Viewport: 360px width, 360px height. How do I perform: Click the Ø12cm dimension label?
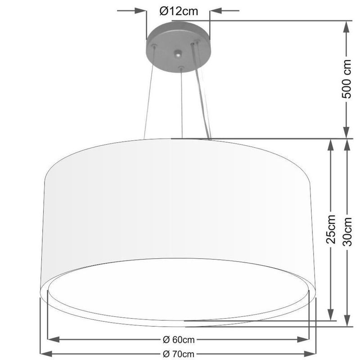[179, 11]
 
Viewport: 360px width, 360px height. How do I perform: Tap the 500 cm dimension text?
[347, 81]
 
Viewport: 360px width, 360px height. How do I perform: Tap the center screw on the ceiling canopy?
[179, 55]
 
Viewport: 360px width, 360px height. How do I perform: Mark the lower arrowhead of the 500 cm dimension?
[346, 132]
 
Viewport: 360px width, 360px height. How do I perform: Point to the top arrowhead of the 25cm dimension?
[331, 144]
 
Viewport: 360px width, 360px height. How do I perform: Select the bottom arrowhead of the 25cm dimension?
[331, 315]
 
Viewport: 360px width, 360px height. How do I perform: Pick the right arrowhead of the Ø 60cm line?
[305, 339]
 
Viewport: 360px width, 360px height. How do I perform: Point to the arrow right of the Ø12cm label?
[216, 11]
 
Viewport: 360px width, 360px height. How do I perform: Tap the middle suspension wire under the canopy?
[181, 103]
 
